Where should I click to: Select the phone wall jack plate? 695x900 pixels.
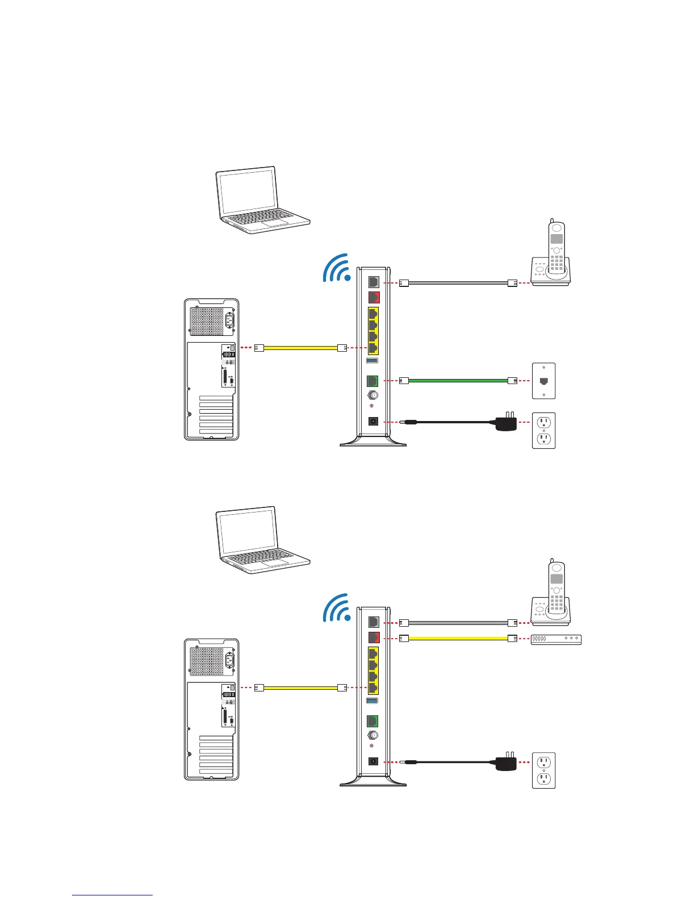[543, 381]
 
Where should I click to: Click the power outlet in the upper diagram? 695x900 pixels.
[543, 431]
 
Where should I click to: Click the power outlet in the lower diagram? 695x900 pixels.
[543, 770]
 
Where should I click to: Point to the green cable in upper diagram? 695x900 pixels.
[457, 380]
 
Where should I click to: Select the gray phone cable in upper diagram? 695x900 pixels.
[457, 282]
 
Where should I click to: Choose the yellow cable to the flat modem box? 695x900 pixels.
[457, 639]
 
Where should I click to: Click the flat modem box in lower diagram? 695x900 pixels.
[556, 639]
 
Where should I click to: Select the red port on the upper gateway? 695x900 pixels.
[374, 297]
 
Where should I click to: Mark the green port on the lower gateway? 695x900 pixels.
[373, 720]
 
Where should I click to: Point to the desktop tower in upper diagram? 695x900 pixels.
[211, 369]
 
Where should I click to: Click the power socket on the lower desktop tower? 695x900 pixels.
[231, 660]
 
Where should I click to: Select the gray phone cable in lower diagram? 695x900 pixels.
[457, 623]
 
